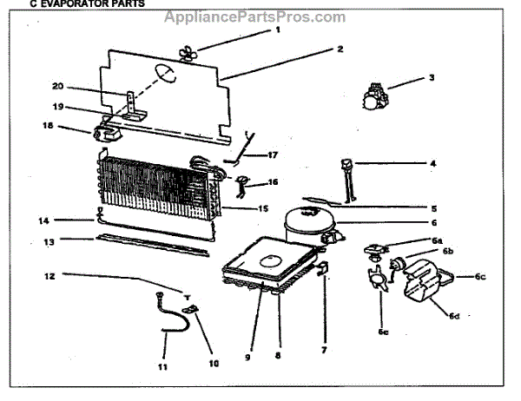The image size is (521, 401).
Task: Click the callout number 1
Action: tap(278, 30)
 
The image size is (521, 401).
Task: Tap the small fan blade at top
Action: tap(187, 53)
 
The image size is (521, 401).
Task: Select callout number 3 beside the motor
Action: tap(431, 77)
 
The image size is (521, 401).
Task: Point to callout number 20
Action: tap(57, 86)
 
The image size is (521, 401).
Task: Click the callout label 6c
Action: tap(480, 277)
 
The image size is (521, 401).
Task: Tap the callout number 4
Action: tap(432, 162)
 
